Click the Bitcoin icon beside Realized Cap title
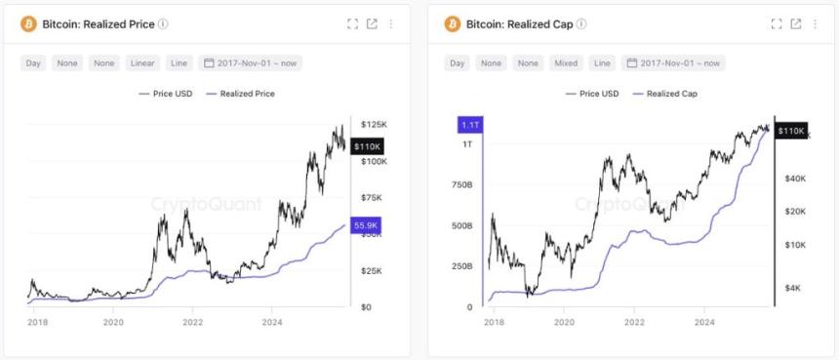click(x=452, y=23)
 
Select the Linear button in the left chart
click(x=143, y=62)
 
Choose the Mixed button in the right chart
click(x=567, y=62)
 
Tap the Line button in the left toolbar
click(x=179, y=62)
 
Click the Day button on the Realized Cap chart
click(x=457, y=62)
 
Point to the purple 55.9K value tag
click(x=366, y=225)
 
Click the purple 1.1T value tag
click(x=468, y=125)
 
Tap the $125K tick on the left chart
click(x=375, y=125)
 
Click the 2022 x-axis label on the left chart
click(x=192, y=321)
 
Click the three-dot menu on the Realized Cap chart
click(x=816, y=23)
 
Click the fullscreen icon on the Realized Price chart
click(x=352, y=23)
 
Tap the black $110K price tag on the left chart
click(x=367, y=145)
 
